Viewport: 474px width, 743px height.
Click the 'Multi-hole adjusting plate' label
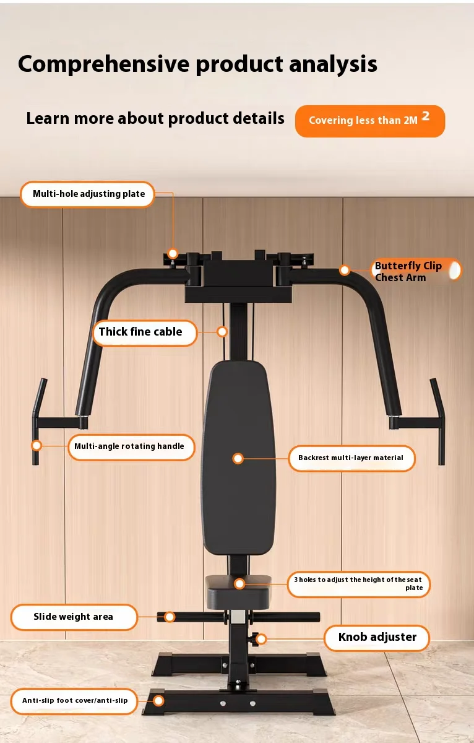click(x=87, y=194)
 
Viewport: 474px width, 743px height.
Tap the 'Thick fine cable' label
click(x=145, y=332)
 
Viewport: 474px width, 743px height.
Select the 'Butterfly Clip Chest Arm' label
click(x=416, y=271)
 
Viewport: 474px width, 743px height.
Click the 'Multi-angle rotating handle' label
click(x=131, y=447)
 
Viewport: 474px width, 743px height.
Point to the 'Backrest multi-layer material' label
click(x=351, y=458)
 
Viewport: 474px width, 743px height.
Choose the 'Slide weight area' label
click(x=74, y=617)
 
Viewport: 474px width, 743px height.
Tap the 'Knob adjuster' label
click(x=377, y=638)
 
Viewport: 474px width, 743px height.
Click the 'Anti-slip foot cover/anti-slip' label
click(x=74, y=701)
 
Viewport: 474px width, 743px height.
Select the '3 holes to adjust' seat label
click(x=359, y=584)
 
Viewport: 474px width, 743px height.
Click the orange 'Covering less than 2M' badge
click(x=370, y=121)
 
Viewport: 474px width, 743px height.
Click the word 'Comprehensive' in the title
click(x=104, y=64)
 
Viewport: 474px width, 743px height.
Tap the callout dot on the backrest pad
click(x=238, y=459)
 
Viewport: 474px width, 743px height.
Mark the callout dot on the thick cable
click(x=222, y=331)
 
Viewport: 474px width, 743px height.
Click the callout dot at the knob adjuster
click(x=261, y=638)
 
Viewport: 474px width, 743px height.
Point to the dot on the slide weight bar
click(x=170, y=617)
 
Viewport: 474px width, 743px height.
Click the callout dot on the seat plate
click(x=239, y=584)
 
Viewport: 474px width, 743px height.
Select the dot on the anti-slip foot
click(x=158, y=701)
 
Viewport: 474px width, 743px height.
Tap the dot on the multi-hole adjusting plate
click(x=173, y=254)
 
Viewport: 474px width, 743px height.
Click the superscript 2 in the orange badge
click(x=426, y=116)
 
